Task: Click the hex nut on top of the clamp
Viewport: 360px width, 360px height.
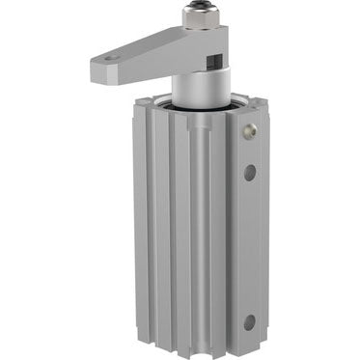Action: [199, 20]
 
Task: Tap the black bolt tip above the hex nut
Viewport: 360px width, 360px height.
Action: [198, 8]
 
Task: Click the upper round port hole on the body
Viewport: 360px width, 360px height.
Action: [250, 172]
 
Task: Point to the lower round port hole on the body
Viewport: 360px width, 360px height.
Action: [250, 322]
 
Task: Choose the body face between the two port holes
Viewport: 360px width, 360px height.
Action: [250, 246]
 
